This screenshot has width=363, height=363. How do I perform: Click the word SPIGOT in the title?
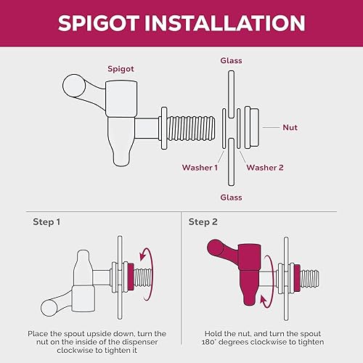(x=99, y=23)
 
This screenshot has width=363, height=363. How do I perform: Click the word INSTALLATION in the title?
(x=225, y=23)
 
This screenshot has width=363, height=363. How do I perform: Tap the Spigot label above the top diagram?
(x=121, y=69)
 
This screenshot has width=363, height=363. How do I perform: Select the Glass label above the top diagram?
(x=231, y=60)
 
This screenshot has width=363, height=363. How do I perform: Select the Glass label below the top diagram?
(x=231, y=197)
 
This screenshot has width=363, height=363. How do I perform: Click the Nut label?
(x=290, y=127)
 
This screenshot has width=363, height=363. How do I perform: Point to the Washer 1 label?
(x=200, y=168)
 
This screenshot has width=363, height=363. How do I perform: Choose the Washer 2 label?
(x=265, y=168)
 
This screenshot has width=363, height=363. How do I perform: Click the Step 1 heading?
(x=46, y=222)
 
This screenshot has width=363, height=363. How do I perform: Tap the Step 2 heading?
(x=203, y=222)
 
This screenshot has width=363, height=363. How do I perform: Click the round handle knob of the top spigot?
(x=74, y=86)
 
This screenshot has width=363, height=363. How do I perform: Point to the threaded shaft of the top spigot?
(x=191, y=129)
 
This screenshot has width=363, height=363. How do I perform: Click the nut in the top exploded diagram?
(x=252, y=128)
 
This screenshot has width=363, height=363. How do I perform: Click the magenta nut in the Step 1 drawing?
(x=131, y=277)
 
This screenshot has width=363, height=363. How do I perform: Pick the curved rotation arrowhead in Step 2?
(x=264, y=301)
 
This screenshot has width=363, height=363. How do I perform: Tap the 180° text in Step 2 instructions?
(x=209, y=342)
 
